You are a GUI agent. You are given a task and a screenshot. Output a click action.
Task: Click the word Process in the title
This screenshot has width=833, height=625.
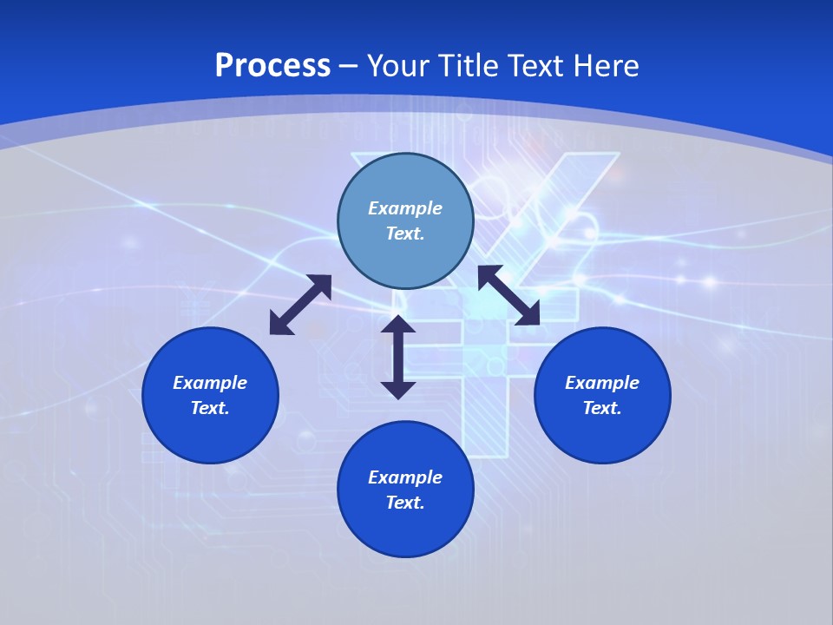click(x=272, y=66)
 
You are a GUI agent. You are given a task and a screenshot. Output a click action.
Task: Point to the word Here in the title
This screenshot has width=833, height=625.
click(x=605, y=66)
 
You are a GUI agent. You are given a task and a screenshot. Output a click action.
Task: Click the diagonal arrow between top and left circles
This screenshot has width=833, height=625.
click(x=300, y=305)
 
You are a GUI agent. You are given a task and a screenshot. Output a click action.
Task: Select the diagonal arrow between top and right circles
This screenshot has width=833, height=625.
click(x=509, y=295)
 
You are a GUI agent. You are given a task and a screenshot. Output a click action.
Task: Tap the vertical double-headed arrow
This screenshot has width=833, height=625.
click(x=398, y=357)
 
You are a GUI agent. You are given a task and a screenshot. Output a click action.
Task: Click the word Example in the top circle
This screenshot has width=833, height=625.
click(x=405, y=208)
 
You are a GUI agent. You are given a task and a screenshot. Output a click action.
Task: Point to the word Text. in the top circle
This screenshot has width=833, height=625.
click(x=405, y=234)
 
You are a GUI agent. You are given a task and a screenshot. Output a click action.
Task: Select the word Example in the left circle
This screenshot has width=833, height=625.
click(x=210, y=383)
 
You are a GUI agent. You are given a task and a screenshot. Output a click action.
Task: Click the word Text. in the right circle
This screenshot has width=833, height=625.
click(x=602, y=408)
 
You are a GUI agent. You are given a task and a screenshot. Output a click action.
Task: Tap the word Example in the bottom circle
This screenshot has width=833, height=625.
click(x=405, y=477)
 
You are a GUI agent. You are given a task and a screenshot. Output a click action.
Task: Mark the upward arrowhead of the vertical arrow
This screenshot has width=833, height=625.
click(x=398, y=326)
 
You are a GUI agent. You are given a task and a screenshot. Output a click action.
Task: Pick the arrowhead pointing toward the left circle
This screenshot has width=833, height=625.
click(x=280, y=324)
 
